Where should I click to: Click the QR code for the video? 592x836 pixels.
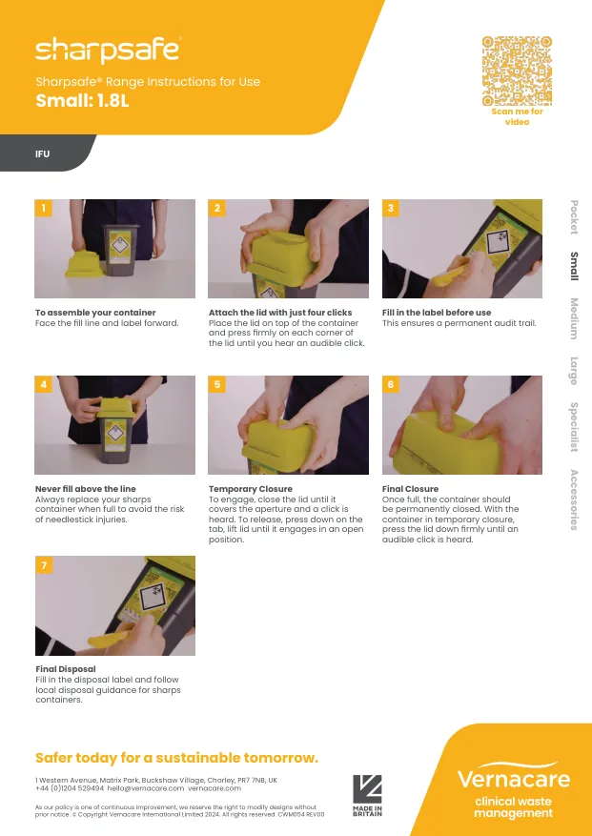(517, 71)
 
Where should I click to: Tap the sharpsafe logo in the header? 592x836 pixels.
(109, 51)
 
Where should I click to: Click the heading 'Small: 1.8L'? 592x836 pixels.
(82, 100)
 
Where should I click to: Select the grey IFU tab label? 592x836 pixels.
(42, 154)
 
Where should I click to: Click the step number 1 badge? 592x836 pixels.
(43, 208)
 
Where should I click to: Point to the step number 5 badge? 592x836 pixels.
(216, 384)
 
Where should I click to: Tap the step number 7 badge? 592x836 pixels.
(44, 565)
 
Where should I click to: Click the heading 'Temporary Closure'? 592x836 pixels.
(250, 489)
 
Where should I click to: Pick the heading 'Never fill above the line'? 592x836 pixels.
(86, 489)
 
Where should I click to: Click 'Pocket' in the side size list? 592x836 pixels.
(574, 217)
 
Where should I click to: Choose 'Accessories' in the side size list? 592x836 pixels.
(574, 500)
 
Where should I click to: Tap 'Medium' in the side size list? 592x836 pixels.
(574, 318)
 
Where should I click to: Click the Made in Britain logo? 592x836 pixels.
(367, 795)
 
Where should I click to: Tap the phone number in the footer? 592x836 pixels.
(70, 788)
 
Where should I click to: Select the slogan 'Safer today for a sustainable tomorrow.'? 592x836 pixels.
(176, 758)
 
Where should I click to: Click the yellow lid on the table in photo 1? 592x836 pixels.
(84, 264)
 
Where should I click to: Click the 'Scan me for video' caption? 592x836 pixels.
(517, 116)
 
